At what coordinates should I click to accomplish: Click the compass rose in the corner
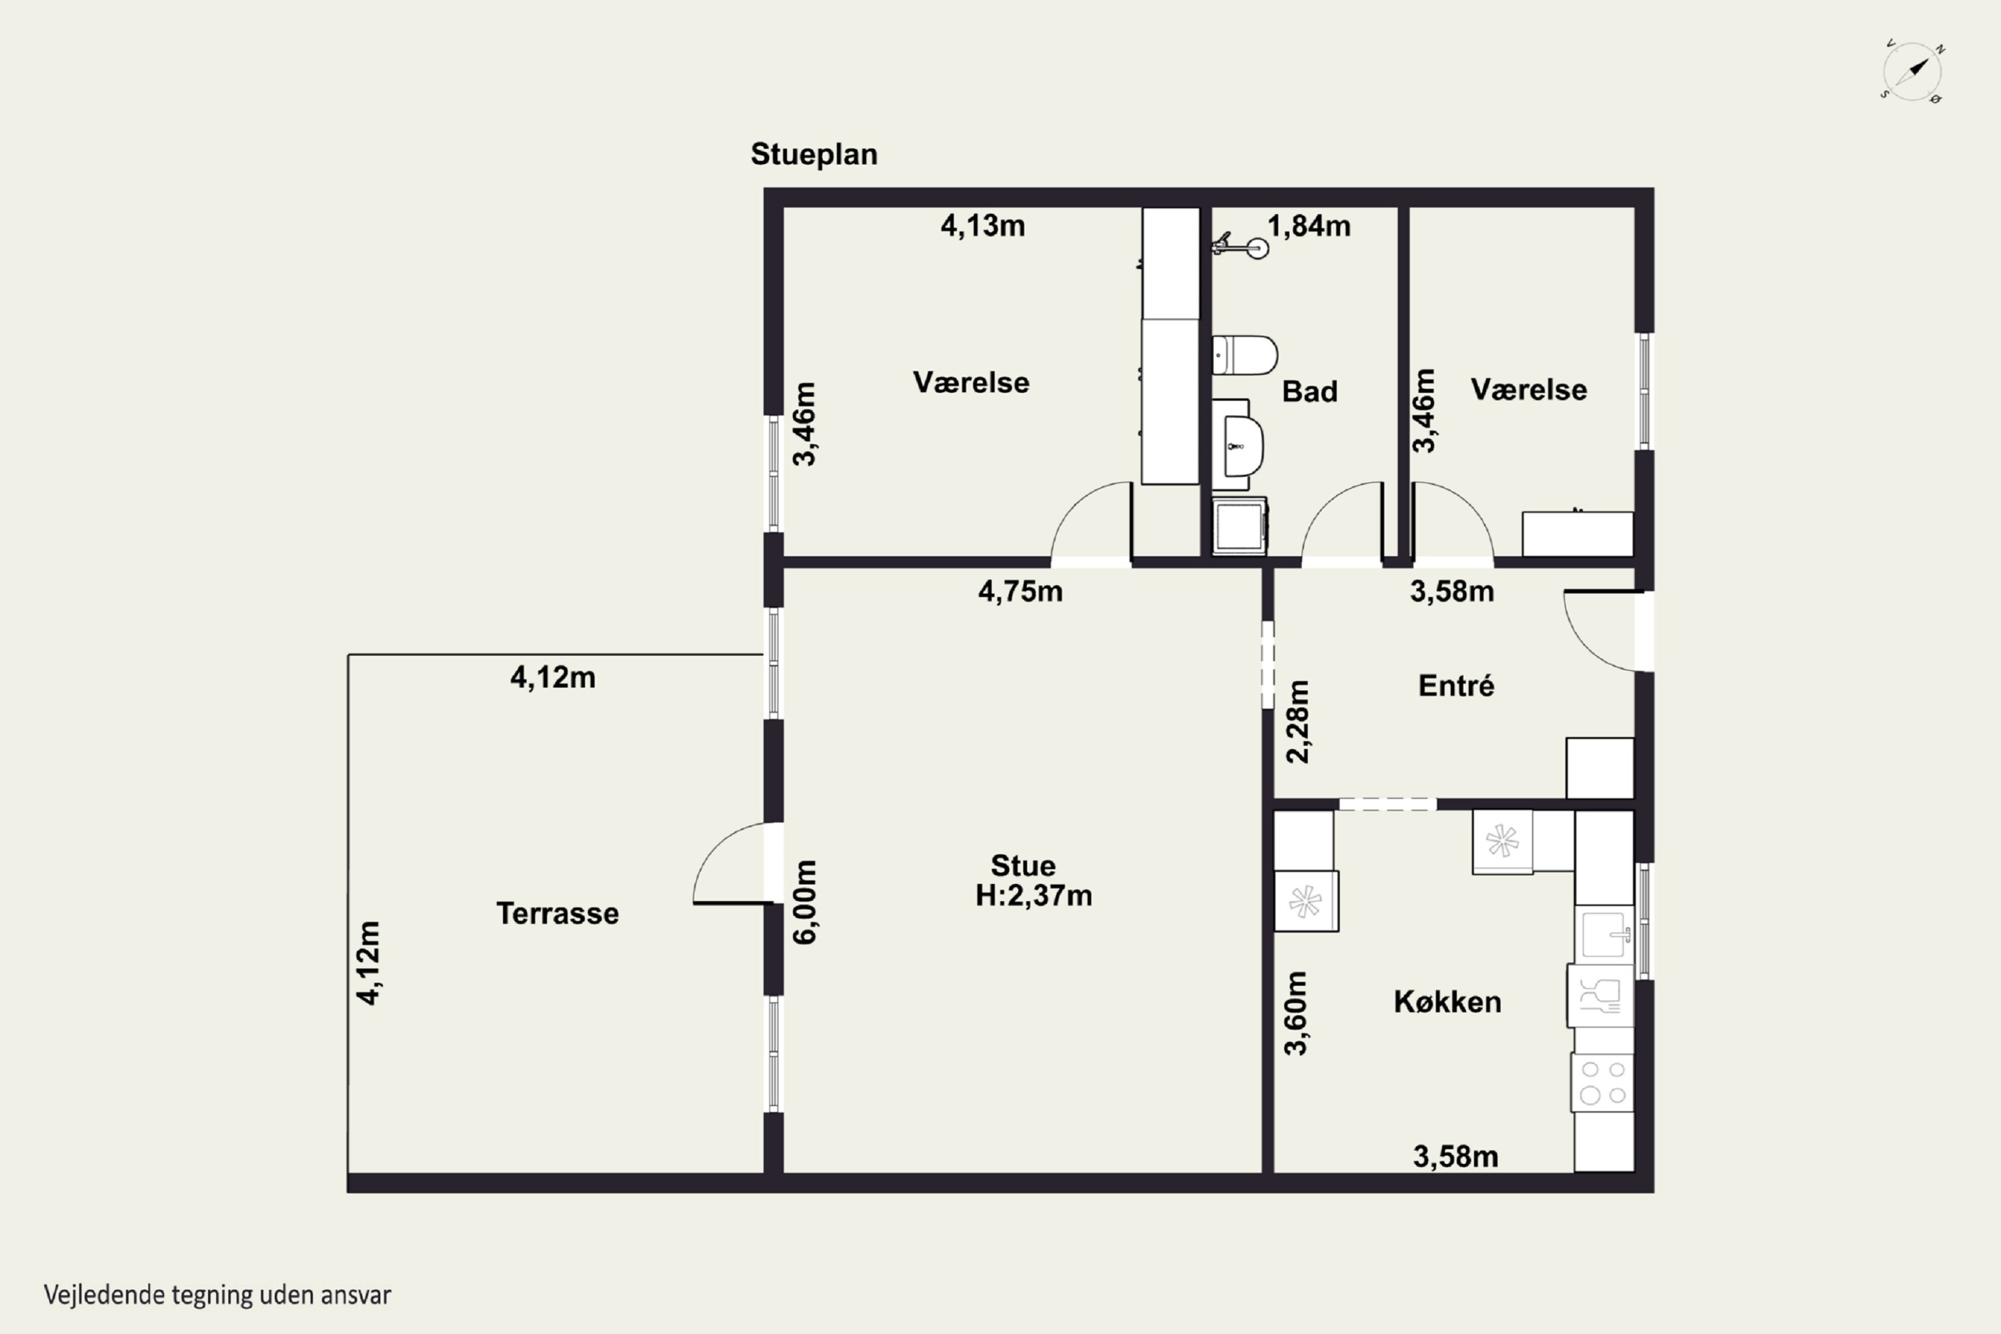(x=1912, y=71)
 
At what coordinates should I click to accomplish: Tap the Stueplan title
(x=813, y=155)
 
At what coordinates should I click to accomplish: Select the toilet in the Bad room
(x=1245, y=355)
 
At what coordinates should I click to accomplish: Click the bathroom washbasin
(x=1241, y=446)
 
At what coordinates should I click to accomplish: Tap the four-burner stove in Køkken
(x=1602, y=1082)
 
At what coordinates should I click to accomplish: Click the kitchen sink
(x=1603, y=935)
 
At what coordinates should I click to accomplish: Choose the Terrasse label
(x=557, y=914)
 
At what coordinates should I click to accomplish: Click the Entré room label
(x=1455, y=685)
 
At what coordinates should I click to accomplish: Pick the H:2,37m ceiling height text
(x=1034, y=895)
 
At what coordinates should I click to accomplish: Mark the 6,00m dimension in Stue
(x=805, y=902)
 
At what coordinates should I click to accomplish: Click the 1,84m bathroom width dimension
(x=1309, y=225)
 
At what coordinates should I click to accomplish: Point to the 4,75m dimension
(x=1020, y=590)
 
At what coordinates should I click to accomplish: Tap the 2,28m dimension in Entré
(x=1298, y=722)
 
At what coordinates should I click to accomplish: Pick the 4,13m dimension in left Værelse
(x=982, y=225)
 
